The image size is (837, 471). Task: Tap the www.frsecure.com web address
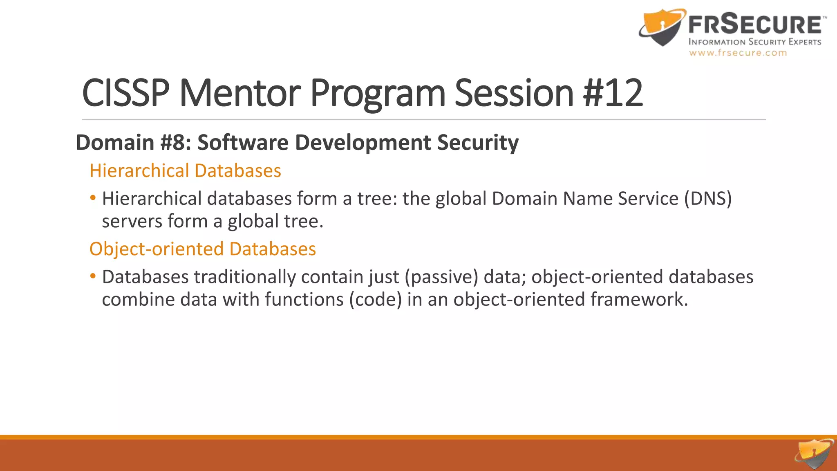(738, 53)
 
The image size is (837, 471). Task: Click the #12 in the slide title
(613, 93)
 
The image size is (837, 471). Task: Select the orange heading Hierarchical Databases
(185, 170)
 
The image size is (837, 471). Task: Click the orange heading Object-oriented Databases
(202, 249)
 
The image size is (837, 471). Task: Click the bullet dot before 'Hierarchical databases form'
(93, 198)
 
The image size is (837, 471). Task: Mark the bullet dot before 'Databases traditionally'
(93, 277)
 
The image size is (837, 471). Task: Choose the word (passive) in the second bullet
(441, 277)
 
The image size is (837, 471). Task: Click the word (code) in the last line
(376, 300)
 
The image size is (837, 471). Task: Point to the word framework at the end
(639, 300)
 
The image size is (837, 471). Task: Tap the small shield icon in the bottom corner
(814, 454)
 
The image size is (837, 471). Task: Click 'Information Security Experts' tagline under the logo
(754, 42)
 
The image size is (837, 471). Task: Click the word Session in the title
(514, 93)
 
